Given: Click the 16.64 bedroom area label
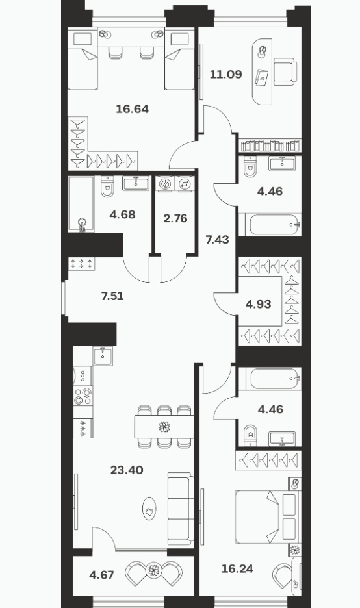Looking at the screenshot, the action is [x=133, y=109].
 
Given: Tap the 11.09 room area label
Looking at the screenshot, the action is [x=225, y=74].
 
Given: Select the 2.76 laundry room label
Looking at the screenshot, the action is [x=175, y=218].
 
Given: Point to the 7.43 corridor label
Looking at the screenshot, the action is [x=217, y=240].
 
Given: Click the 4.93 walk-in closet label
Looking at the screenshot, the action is [x=259, y=305].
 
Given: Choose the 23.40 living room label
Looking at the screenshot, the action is [x=127, y=470].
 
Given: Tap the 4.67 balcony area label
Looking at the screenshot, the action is [x=101, y=575].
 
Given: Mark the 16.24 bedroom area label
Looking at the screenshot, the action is [x=237, y=569].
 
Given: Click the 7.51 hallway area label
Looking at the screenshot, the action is [x=112, y=296].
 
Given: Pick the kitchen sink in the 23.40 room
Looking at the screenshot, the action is [x=103, y=355].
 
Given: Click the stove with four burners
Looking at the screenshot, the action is [x=83, y=396].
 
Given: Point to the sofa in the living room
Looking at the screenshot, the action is [x=181, y=509].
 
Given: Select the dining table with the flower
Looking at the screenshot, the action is [x=164, y=427].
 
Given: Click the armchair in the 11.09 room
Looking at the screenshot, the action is [x=285, y=71].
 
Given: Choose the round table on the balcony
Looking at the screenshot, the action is [x=154, y=570].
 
